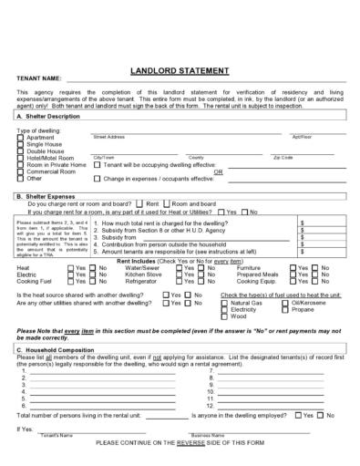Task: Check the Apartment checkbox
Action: tap(21, 137)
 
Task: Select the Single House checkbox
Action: tap(21, 144)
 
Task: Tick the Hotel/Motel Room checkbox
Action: tap(21, 158)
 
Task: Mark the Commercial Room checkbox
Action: tap(21, 171)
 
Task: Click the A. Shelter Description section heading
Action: tap(55, 117)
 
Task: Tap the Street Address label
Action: tap(108, 137)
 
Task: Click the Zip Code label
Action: tap(283, 157)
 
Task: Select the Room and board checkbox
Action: tap(167, 203)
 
